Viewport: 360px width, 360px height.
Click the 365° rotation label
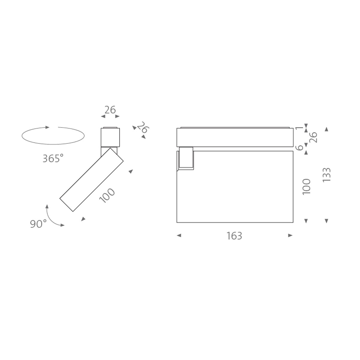(53, 158)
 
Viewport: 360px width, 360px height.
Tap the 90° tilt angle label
(38, 223)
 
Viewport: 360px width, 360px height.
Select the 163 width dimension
(234, 236)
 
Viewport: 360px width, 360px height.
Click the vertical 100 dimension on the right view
(306, 187)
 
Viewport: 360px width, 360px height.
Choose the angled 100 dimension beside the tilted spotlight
(107, 195)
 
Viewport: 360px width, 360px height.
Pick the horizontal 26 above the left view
(110, 110)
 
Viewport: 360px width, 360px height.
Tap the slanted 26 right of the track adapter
(143, 128)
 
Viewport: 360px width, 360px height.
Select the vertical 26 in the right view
(313, 137)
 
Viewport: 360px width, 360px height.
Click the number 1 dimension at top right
(299, 128)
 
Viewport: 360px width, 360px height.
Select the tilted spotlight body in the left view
(92, 179)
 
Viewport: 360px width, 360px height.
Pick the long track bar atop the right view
(235, 137)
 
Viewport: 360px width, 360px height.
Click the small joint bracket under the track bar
(186, 158)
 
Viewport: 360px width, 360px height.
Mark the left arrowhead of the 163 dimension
(179, 236)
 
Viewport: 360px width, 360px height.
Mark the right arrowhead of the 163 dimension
(290, 236)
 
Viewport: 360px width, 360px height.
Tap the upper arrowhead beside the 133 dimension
(327, 129)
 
